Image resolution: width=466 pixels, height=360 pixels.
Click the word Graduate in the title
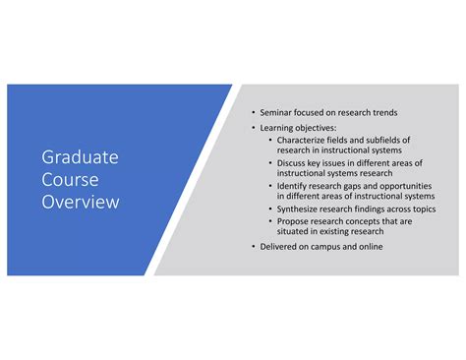pos(80,156)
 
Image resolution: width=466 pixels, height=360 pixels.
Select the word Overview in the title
pos(80,203)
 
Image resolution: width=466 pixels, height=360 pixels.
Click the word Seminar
pos(279,113)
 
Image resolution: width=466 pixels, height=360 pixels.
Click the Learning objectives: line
pos(299,127)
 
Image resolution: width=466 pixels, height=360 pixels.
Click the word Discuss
pos(293,162)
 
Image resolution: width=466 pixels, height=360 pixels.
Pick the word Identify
pos(294,185)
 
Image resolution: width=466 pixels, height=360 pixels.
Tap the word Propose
pos(295,221)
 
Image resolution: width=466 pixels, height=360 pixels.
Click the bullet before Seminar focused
pos(253,113)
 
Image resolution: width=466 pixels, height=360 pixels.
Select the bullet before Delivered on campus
pos(253,246)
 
